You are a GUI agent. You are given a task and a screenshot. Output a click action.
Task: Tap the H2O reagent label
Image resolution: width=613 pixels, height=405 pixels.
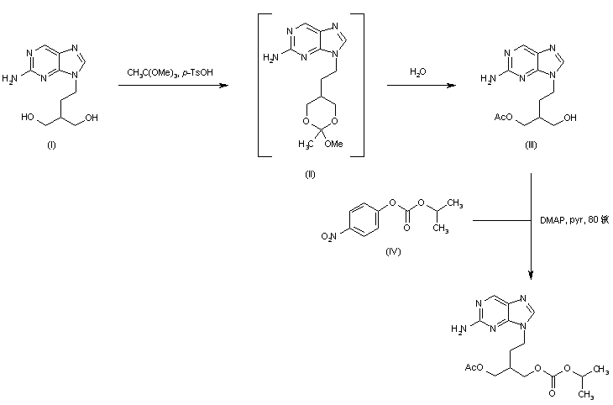point(417,73)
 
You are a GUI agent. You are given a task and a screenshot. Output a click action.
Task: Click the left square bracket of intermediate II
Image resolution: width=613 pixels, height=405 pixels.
point(259,84)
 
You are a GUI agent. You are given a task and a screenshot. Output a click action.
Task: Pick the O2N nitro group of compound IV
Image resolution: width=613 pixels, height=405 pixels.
point(329,238)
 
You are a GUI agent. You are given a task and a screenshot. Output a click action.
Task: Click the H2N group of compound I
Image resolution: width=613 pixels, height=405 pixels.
point(11,79)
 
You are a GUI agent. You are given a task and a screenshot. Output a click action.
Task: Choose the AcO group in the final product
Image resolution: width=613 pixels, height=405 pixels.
point(471,367)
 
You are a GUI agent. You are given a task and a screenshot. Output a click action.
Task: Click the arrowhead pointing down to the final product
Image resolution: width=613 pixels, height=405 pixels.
point(532,273)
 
